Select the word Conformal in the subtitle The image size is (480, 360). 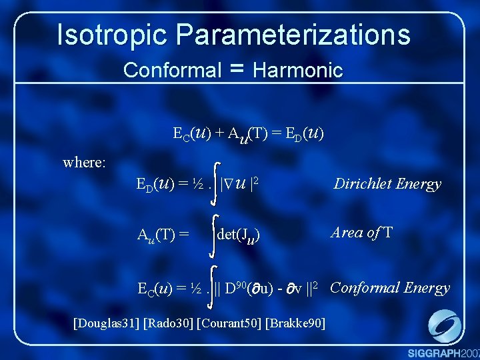(x=172, y=69)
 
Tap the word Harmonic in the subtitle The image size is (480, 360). (x=298, y=69)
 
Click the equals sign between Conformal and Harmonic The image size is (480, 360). (x=237, y=69)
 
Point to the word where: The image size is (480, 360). (x=84, y=162)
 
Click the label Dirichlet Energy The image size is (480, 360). (x=387, y=184)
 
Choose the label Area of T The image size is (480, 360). (x=362, y=233)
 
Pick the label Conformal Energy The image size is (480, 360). (x=390, y=288)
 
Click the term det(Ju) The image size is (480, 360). (x=239, y=235)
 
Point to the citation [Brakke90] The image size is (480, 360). (x=295, y=324)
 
